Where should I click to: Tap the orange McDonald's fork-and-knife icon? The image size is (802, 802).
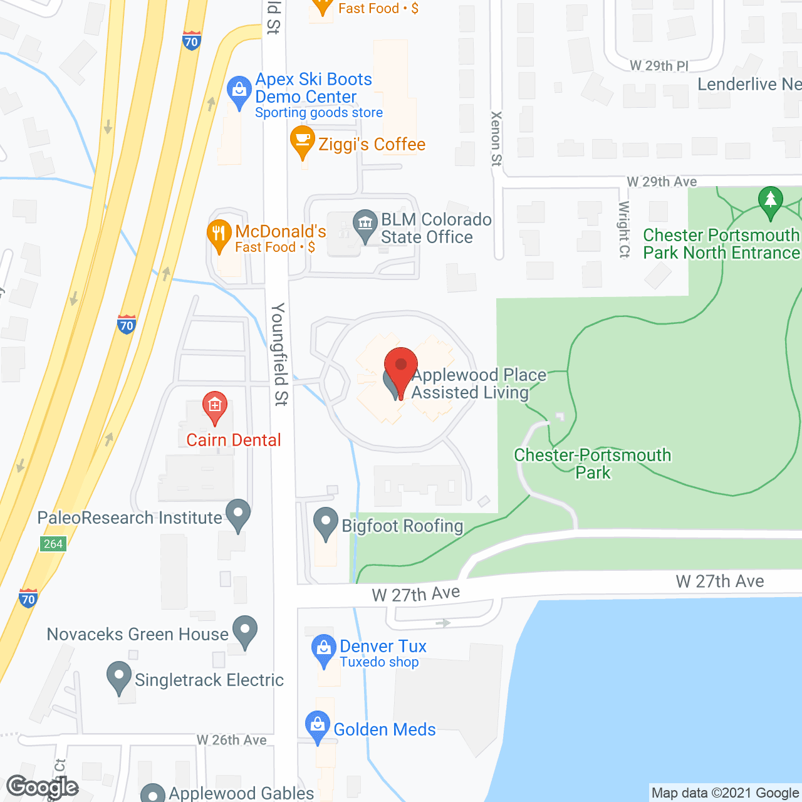coord(219,234)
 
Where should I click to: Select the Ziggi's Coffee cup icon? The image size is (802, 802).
coord(303,140)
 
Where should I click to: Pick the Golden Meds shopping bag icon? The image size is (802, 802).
coord(318,726)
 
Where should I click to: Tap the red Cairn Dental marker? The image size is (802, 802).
coord(214,405)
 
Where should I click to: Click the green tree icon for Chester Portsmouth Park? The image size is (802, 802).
coord(770,200)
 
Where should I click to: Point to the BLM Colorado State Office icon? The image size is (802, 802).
coord(365,223)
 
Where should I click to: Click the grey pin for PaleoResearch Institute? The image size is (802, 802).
coord(238,513)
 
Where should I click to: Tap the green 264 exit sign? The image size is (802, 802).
coord(53,543)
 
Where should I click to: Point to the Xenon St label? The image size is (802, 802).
coord(496,138)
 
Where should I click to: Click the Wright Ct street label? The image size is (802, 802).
coord(624,229)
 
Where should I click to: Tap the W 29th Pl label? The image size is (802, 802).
coord(659,66)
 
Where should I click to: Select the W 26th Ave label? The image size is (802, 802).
coord(232,740)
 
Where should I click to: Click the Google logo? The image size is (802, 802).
coord(42,787)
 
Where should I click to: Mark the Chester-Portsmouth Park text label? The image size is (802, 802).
coord(593,464)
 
